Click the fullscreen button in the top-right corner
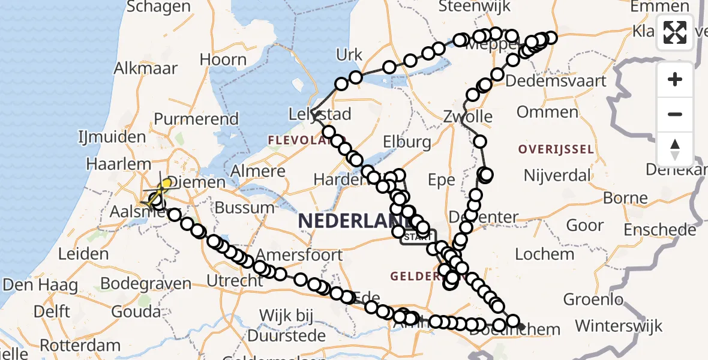pyautogui.click(x=675, y=32)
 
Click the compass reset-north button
pyautogui.click(x=675, y=149)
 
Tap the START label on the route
pyautogui.click(x=418, y=238)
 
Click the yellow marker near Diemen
pyautogui.click(x=166, y=182)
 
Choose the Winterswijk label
pyautogui.click(x=619, y=326)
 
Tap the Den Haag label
pyautogui.click(x=40, y=284)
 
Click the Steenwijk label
pyautogui.click(x=474, y=7)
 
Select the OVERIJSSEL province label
pyautogui.click(x=557, y=149)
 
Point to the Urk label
pyautogui.click(x=350, y=55)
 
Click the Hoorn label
pyautogui.click(x=223, y=60)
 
